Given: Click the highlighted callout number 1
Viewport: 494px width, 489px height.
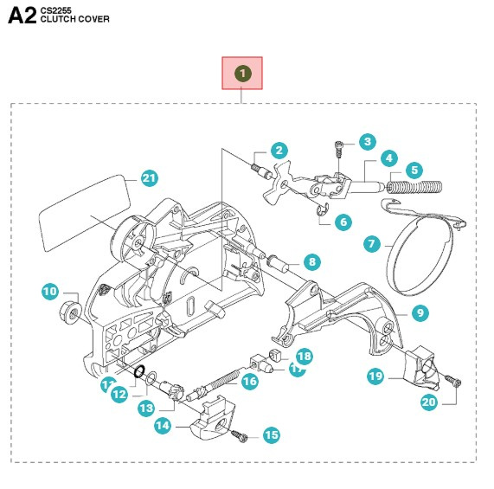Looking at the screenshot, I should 243,74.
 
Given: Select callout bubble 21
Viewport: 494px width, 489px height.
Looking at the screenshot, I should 150,179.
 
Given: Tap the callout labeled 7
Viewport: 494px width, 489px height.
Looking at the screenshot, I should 373,245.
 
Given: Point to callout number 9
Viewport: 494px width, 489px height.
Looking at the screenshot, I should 420,312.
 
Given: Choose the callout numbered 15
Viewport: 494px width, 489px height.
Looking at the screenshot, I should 271,435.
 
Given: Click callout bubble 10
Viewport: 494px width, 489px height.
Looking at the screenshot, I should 49,292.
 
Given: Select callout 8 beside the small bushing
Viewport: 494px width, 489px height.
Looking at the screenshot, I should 311,261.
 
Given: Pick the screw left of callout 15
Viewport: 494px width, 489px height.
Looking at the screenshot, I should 243,437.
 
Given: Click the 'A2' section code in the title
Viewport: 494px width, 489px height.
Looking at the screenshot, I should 22,17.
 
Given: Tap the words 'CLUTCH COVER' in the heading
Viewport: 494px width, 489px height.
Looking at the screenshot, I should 81,20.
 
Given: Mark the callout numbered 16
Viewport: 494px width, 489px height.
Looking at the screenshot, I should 249,380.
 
